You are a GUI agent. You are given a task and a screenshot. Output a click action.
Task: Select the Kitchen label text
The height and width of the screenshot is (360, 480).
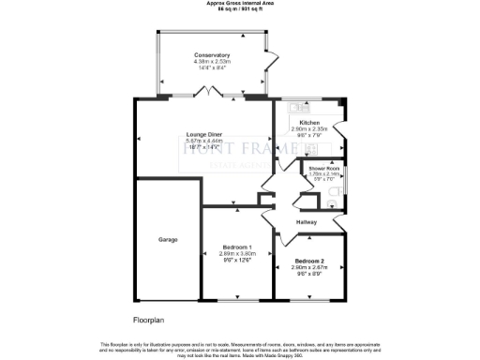point(309,124)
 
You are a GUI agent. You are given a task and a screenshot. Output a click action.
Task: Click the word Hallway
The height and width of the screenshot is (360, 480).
point(307,222)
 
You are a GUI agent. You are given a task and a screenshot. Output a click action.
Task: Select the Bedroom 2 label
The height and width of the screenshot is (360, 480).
point(309,261)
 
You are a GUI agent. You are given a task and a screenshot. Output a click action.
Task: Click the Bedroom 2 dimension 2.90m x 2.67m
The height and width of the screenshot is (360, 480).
point(309,267)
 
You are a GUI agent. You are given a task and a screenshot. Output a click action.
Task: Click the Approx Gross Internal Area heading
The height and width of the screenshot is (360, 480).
point(240,3)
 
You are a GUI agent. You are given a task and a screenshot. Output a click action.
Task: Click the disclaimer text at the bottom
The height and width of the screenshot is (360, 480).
point(240,348)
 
